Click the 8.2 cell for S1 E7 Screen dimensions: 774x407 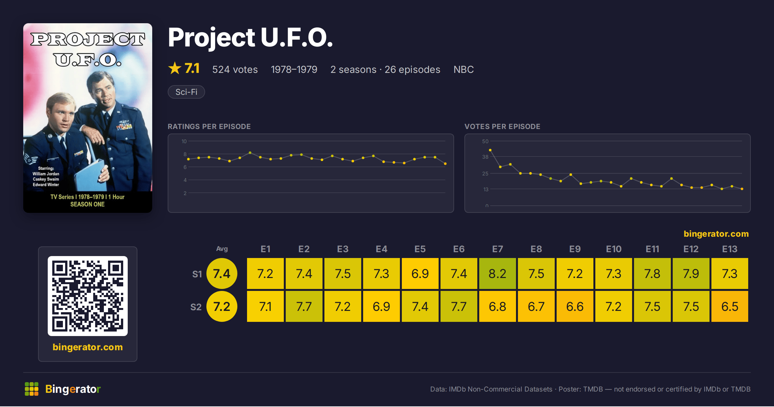point(497,273)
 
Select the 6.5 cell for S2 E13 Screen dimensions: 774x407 point(729,306)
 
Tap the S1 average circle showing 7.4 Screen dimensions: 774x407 point(222,273)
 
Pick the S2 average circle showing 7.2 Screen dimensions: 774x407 point(222,306)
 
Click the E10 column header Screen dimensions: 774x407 point(613,249)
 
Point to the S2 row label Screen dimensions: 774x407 point(196,307)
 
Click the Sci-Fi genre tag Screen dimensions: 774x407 point(186,92)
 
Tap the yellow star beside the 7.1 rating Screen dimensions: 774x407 point(175,68)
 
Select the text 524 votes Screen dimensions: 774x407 point(235,69)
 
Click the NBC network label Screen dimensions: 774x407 point(463,69)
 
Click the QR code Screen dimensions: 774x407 point(88,296)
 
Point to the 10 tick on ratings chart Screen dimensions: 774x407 point(184,141)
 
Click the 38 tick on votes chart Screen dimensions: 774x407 point(485,157)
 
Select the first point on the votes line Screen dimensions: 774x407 point(490,150)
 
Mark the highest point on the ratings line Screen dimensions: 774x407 point(250,153)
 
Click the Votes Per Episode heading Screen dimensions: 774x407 point(502,126)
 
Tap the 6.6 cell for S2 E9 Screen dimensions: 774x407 point(575,306)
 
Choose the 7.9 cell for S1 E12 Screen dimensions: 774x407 point(691,273)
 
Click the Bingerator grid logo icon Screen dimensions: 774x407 point(32,389)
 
